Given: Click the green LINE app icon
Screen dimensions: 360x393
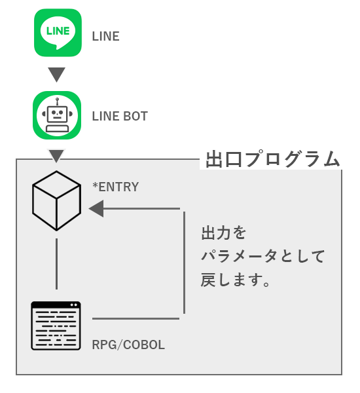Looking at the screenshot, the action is coord(58,33).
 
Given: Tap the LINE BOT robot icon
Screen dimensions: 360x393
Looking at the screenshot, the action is coord(57,115).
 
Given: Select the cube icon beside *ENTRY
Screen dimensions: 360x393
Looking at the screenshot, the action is coord(56,201).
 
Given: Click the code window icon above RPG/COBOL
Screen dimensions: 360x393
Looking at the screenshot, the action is coord(56,326).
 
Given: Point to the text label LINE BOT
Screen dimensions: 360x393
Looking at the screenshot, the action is coord(120,117).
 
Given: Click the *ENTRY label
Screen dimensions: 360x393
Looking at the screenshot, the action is coord(115,187).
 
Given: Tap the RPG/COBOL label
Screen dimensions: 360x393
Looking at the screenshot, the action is coord(128,345).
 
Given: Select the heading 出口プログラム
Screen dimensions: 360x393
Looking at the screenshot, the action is coord(272,159).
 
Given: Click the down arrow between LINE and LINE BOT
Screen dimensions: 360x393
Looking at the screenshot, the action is coord(56,75).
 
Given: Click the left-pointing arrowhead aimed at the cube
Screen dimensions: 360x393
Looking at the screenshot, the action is coord(96,208).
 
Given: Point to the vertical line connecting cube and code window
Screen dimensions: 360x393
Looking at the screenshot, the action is coord(56,264).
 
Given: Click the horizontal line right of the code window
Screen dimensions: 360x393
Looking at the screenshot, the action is coord(135,318).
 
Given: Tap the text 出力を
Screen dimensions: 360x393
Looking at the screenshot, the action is coord(223,233).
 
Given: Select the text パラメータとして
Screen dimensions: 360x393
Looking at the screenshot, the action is coord(263,256).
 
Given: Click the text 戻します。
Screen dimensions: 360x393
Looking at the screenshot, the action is coord(236,280).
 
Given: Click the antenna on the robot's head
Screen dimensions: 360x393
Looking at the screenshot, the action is coord(58,102).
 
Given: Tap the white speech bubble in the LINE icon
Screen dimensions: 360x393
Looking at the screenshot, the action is coord(58,32).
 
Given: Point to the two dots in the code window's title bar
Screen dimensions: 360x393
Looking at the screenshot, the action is coord(74,305).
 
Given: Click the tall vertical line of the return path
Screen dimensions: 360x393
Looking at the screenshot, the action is coord(185,263).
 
